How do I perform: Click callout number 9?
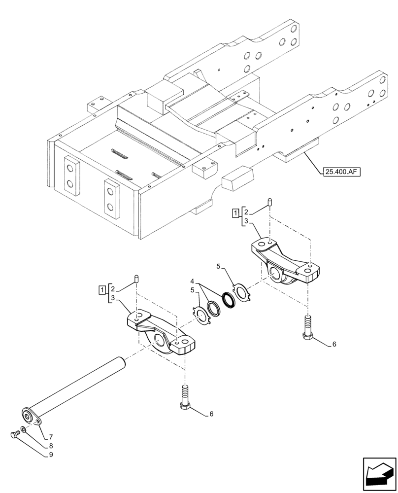(x=50, y=456)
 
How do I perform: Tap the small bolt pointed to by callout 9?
(x=15, y=434)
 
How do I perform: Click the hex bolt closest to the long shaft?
(x=185, y=397)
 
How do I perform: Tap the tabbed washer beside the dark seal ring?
(x=242, y=291)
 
